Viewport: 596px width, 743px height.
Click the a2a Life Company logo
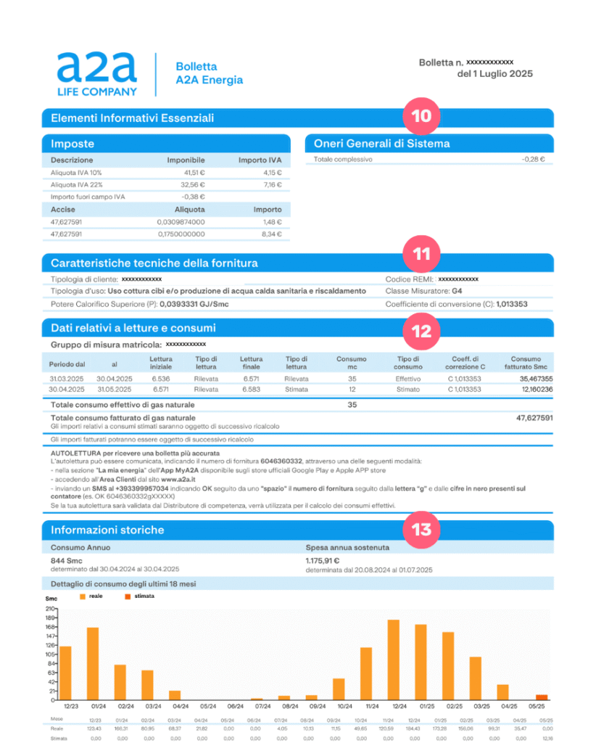coord(96,74)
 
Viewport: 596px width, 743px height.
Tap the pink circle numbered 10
coord(421,117)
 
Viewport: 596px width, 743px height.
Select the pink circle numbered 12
coord(421,330)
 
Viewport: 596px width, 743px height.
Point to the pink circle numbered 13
coord(421,529)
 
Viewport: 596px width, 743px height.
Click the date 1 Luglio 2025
coord(494,74)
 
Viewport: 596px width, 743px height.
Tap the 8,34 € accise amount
coord(270,234)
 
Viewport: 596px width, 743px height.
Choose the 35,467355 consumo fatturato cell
coord(536,379)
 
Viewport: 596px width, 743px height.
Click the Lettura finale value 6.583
coord(251,389)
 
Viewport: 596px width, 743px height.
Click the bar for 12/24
coord(394,660)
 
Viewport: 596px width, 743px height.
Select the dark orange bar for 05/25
coord(542,697)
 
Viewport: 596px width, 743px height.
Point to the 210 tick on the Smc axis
coord(50,609)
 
